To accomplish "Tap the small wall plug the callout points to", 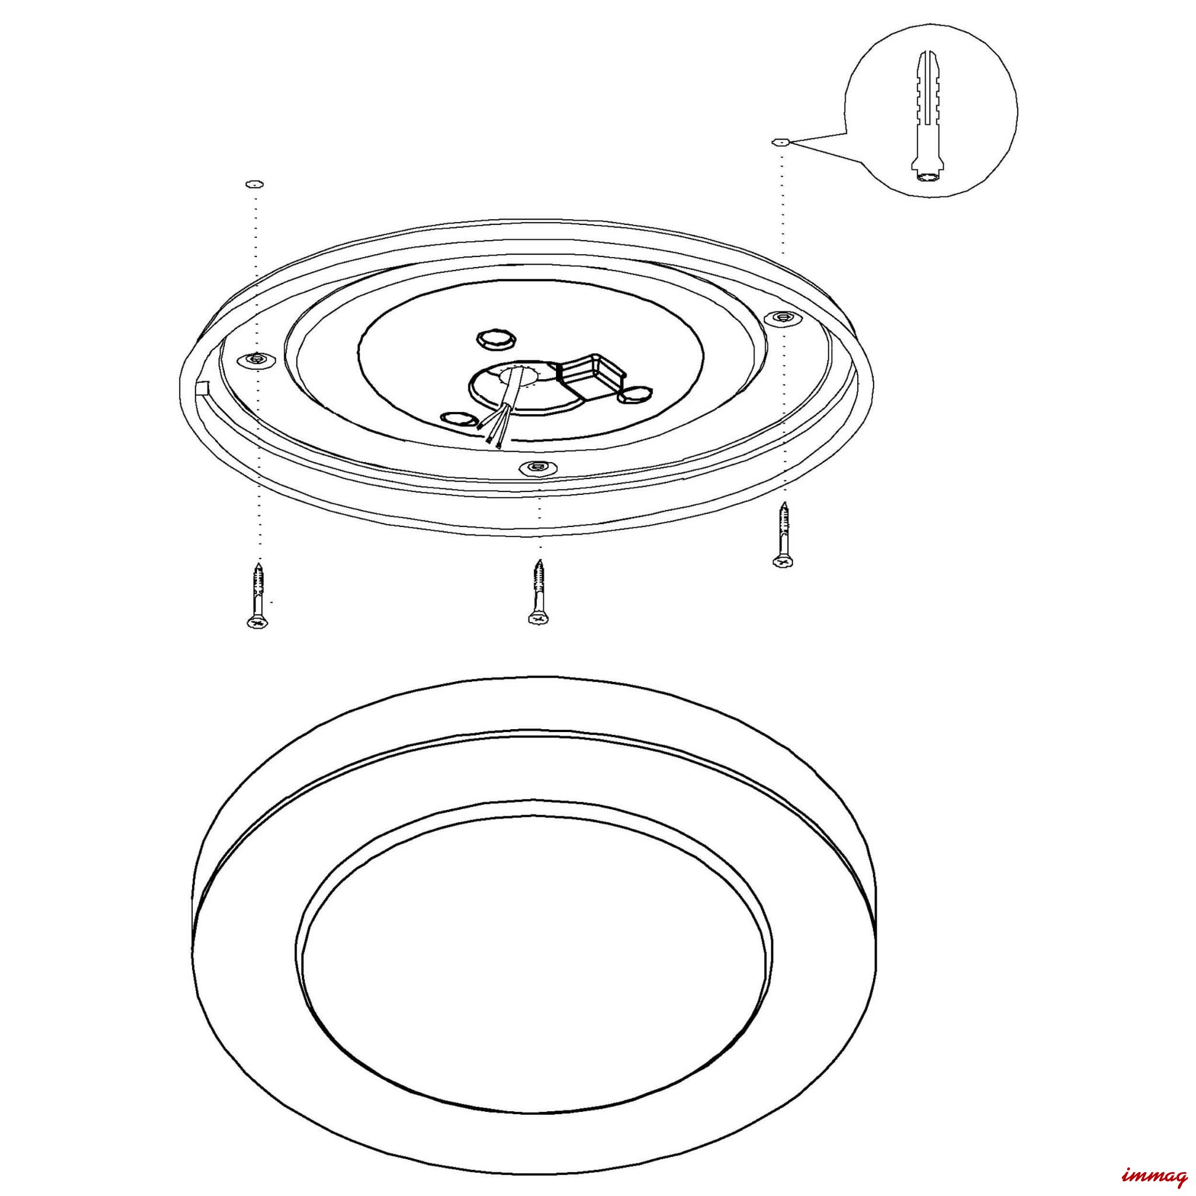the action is [x=781, y=142].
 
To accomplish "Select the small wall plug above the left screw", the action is [x=254, y=184].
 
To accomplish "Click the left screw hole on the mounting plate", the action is [x=256, y=359].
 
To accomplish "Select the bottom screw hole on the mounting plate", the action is [x=537, y=466].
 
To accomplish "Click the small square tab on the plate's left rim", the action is [x=202, y=388].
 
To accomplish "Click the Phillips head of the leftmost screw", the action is [x=257, y=622].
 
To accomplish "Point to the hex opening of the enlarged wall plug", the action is [x=926, y=178].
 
